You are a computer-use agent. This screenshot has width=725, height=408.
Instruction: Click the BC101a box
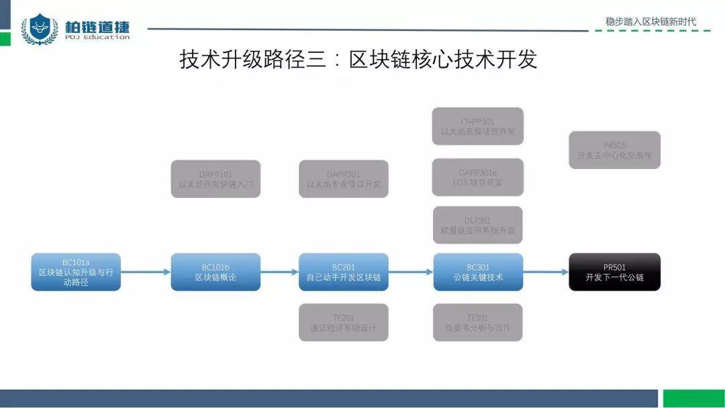(76, 272)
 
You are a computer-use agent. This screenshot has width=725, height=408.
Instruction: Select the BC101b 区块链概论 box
(215, 272)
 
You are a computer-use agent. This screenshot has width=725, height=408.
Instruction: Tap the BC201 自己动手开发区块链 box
(343, 272)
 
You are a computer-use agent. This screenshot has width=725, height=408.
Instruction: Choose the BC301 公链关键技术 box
(478, 272)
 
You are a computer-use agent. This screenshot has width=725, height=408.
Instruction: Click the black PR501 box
(614, 272)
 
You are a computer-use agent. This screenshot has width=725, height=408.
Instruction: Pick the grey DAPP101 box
(215, 178)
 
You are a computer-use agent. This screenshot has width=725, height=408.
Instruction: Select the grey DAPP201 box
(343, 178)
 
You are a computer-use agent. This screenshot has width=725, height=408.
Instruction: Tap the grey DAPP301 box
(478, 126)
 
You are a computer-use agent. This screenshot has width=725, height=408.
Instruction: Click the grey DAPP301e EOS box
(478, 177)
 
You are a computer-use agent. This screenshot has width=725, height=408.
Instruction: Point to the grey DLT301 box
(478, 225)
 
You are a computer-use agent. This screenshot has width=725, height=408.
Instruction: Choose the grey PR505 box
(614, 150)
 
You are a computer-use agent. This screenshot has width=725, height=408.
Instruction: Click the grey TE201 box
(343, 322)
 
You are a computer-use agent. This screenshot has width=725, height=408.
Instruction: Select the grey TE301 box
(478, 322)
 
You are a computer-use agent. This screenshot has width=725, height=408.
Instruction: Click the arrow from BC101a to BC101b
(146, 272)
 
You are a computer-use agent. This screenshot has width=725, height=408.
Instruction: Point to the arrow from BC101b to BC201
(279, 272)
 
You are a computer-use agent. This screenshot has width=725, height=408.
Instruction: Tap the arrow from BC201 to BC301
(411, 272)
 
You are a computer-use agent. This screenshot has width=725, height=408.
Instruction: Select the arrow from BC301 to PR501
(546, 272)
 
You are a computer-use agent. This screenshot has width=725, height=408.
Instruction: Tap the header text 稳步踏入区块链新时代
(650, 21)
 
